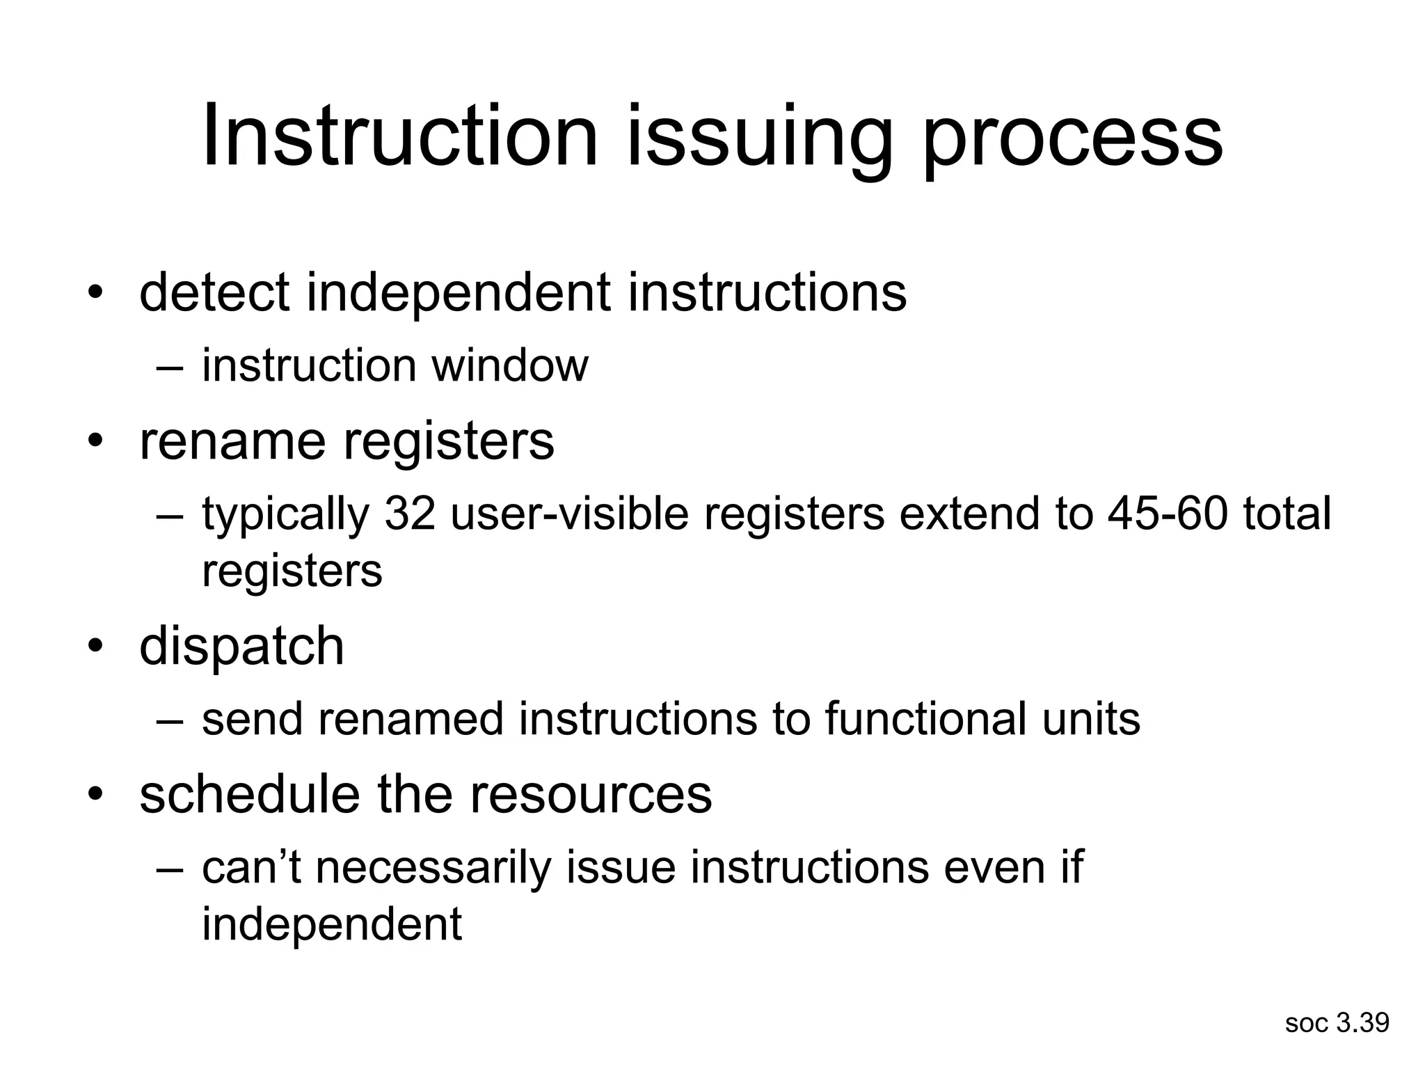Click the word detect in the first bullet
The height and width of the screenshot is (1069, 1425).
pyautogui.click(x=214, y=292)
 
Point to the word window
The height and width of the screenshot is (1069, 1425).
pyautogui.click(x=509, y=365)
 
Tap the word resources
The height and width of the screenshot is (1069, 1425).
pyautogui.click(x=591, y=795)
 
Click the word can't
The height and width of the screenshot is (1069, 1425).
pyautogui.click(x=251, y=868)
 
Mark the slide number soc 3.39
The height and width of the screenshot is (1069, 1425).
pyautogui.click(x=1337, y=1023)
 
